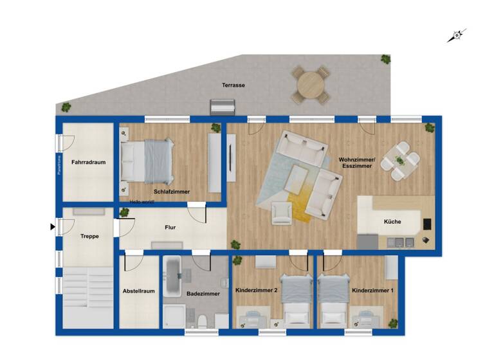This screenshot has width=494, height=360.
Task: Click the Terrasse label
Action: [x=233, y=85]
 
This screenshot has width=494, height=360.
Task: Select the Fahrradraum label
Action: [x=88, y=163]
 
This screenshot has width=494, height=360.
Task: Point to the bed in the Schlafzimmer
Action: [x=149, y=160]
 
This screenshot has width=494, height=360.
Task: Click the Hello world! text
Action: [x=142, y=201]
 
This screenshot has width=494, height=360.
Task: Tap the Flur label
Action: [x=170, y=227]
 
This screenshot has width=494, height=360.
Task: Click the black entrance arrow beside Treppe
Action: [x=53, y=226]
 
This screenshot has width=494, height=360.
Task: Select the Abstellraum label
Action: [x=138, y=291]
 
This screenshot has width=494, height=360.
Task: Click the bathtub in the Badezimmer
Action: [x=174, y=278]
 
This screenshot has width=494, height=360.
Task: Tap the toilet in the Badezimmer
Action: [x=201, y=319]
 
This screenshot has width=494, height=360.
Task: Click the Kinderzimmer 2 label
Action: [x=256, y=291]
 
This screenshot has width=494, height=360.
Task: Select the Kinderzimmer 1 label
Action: [x=372, y=291]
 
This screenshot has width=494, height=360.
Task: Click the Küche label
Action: [x=392, y=222]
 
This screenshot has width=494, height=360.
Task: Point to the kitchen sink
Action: [x=400, y=242]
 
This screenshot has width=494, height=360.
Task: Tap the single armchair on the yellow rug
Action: [x=281, y=213]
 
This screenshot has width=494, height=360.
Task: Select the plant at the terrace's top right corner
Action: [x=385, y=59]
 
